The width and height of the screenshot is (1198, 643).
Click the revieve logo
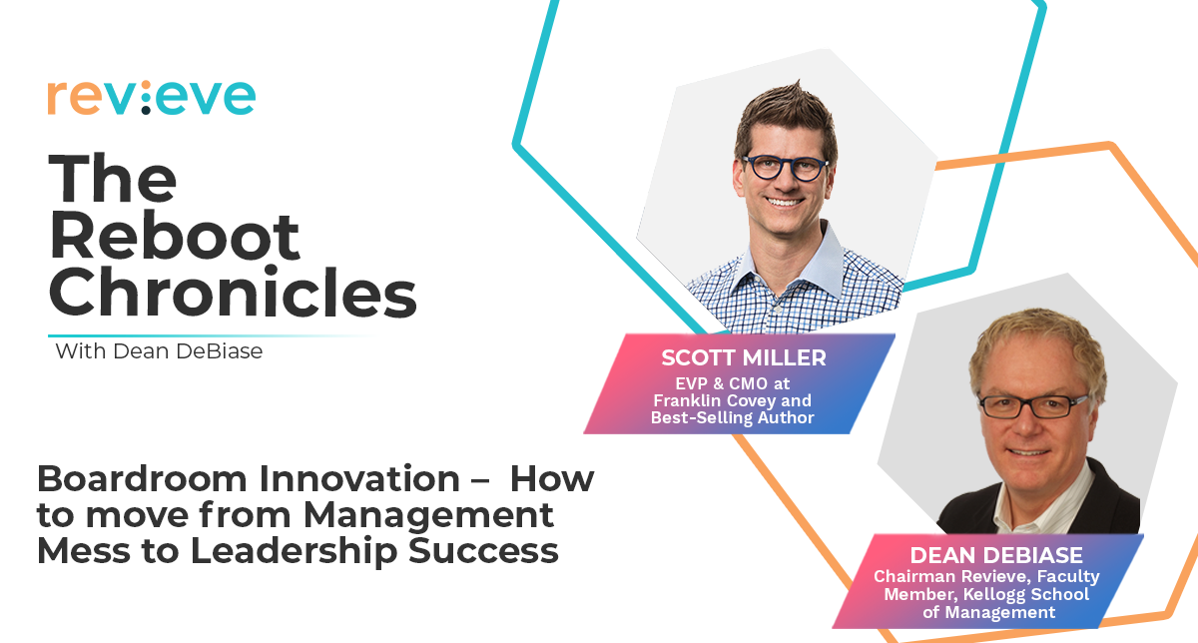coord(152,98)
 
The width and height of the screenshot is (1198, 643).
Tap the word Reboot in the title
coord(175,236)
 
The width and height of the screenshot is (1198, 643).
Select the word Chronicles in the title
coord(233,294)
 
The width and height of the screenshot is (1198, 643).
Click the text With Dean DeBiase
coord(159,351)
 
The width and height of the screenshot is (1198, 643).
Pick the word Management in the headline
coord(428,515)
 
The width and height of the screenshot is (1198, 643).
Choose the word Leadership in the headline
coord(294,551)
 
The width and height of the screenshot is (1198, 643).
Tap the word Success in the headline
coord(483,551)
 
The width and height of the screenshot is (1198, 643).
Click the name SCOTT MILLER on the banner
coord(744,357)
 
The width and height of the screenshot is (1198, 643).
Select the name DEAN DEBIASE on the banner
coord(996,555)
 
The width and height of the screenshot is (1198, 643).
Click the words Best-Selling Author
coord(732,417)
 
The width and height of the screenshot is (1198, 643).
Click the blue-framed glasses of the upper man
coord(785,168)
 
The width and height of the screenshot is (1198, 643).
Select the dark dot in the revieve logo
coord(146,110)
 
